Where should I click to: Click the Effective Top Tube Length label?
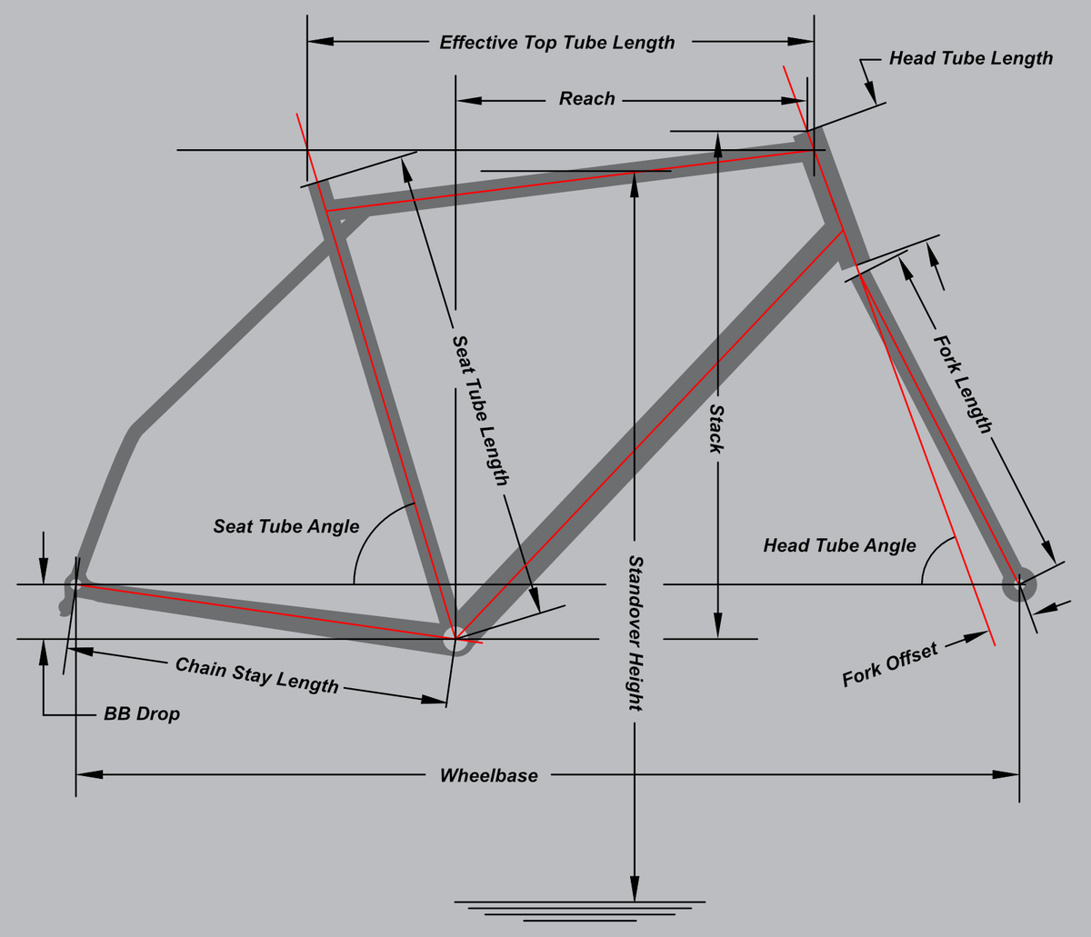point(556,43)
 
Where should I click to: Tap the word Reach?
point(587,99)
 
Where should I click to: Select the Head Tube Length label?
point(971,58)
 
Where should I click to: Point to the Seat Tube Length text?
point(480,410)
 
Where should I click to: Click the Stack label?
point(716,428)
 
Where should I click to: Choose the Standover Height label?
point(635,633)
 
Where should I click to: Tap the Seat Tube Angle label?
point(286,526)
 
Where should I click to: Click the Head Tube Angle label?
point(840,545)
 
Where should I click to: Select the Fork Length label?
point(962,384)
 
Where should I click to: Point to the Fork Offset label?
point(890,664)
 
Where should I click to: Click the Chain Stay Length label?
point(256,675)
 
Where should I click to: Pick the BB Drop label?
point(142,713)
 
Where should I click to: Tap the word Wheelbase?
point(489,775)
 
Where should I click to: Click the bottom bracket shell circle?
point(455,640)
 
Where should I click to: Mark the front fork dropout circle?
point(1018,584)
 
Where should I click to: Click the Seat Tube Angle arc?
point(369,533)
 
